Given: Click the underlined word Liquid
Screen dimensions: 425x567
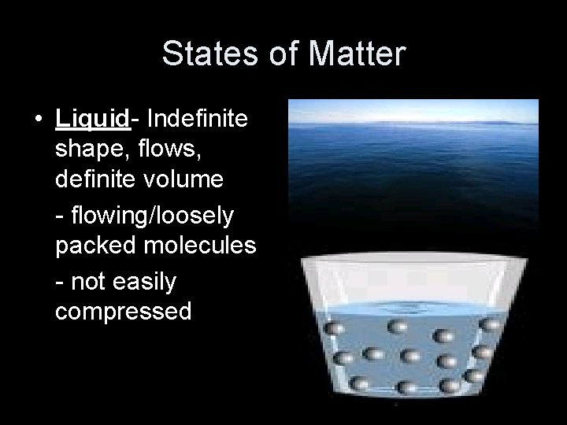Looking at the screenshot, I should point(92,119).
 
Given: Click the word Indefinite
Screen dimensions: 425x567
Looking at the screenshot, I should point(198,119).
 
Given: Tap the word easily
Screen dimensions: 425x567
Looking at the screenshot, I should point(142,280).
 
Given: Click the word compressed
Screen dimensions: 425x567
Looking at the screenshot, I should point(123,312).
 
